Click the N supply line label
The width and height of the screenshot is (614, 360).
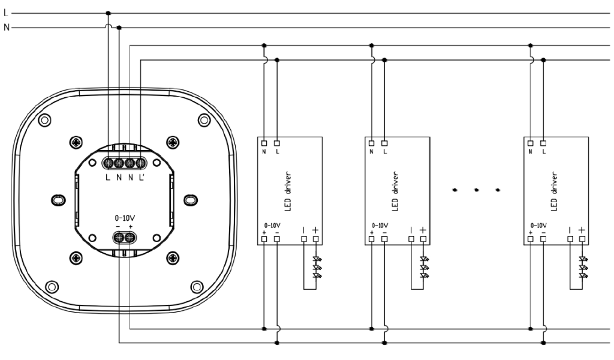(6, 27)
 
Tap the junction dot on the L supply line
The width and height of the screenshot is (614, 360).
(108, 13)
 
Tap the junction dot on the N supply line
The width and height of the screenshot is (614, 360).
(119, 27)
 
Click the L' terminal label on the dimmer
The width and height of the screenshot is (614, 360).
(142, 178)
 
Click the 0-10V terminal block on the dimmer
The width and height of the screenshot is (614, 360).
(124, 238)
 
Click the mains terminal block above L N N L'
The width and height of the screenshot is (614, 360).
(124, 163)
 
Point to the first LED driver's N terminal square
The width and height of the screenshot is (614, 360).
(264, 143)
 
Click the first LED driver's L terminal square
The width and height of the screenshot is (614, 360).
(277, 143)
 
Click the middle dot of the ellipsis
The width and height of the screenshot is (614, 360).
(476, 190)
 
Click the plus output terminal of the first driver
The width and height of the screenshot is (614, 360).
(316, 239)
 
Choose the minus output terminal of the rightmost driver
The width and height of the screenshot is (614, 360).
(570, 239)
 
